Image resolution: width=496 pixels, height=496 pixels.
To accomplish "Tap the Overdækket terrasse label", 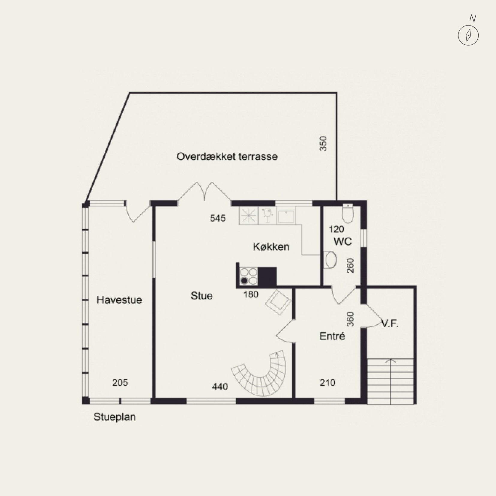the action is point(227,157).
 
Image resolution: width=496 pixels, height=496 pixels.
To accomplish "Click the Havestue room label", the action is point(119,300).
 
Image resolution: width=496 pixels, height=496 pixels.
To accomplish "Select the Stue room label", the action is point(202,296).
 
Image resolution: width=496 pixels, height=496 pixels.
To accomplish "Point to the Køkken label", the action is point(271,247).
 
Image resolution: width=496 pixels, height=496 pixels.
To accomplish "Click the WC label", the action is point(343,241).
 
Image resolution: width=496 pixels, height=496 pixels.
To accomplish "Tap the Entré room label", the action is point(332,336).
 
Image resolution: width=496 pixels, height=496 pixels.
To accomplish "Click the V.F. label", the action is point(390,324).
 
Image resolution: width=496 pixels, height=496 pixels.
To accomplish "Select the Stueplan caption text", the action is point(115,417).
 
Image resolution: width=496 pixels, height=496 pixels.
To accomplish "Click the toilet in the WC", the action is point(348,213).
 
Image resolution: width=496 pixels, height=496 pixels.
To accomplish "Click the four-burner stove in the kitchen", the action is point(249,276).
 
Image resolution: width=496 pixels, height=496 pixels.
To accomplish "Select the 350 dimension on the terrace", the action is point(323,144).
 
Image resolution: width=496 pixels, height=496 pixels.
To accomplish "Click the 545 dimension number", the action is point(218,218).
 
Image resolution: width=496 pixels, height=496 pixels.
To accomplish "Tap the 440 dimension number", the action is point(220,387).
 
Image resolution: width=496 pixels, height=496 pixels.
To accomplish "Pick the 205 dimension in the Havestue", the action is point(120,383).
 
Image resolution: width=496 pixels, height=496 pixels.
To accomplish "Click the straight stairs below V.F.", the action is point(390,381).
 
